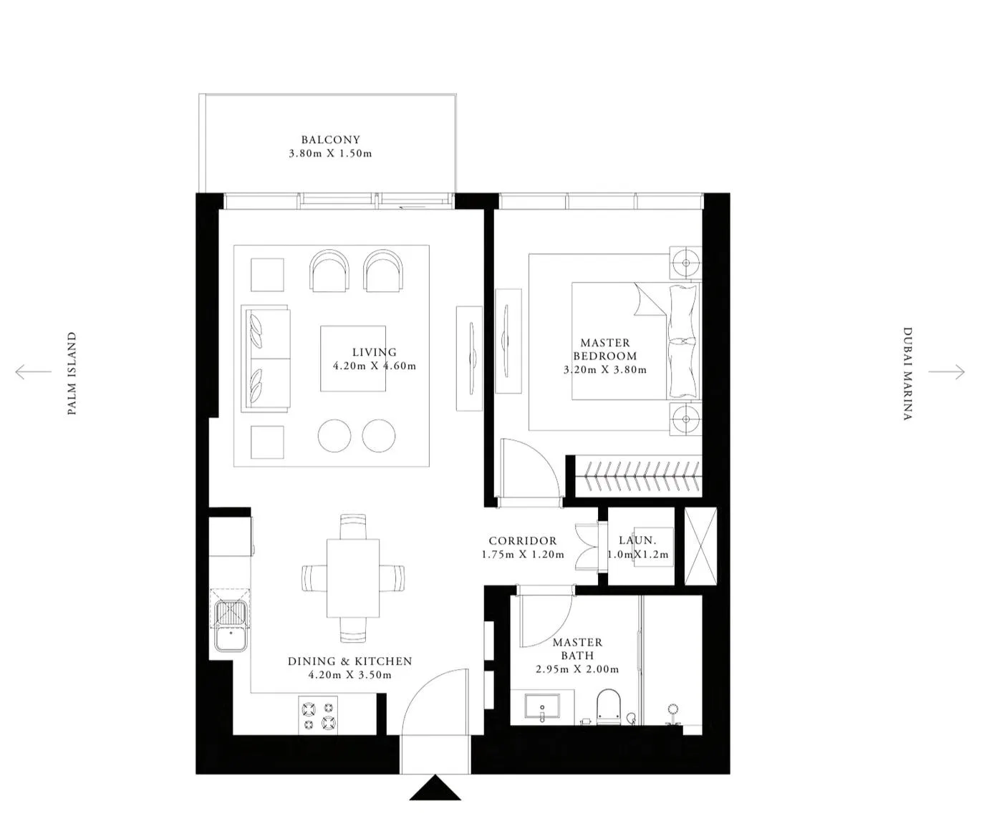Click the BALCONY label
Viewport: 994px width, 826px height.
pyautogui.click(x=330, y=140)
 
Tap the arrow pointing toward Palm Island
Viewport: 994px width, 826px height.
pyautogui.click(x=33, y=371)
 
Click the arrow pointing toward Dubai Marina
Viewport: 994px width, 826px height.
pyautogui.click(x=947, y=371)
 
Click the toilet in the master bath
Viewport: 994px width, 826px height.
pyautogui.click(x=609, y=707)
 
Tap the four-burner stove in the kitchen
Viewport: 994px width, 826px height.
pyautogui.click(x=318, y=715)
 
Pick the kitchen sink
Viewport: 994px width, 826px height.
pyautogui.click(x=231, y=625)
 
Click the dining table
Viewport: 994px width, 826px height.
pyautogui.click(x=353, y=578)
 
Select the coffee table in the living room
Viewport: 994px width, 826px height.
pyautogui.click(x=353, y=359)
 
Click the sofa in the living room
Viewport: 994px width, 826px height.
pyautogui.click(x=266, y=359)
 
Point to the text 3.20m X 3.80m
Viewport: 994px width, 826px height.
pyautogui.click(x=605, y=370)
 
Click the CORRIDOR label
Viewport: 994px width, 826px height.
pyautogui.click(x=523, y=541)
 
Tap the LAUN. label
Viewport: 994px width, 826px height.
pyautogui.click(x=637, y=540)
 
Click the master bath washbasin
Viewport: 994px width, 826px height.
pyautogui.click(x=542, y=706)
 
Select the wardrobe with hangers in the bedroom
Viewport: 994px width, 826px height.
pyautogui.click(x=638, y=476)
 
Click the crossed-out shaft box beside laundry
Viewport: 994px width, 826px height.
pyautogui.click(x=700, y=546)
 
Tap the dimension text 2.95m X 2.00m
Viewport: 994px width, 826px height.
pyautogui.click(x=577, y=669)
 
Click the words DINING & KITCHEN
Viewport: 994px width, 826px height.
pyautogui.click(x=350, y=661)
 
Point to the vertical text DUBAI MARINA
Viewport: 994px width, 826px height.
pyautogui.click(x=908, y=374)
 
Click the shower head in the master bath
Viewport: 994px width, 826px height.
pyautogui.click(x=672, y=709)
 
